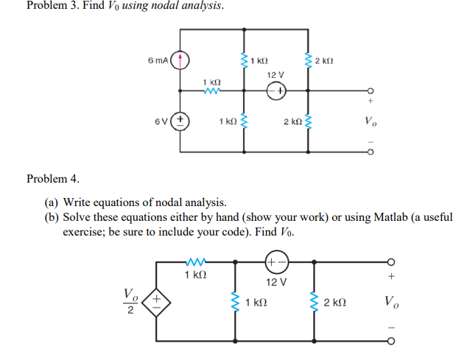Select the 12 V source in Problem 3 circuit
275,91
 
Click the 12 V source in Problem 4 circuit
276,261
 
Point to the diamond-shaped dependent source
157,301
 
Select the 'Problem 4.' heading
52,179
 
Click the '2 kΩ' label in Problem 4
336,302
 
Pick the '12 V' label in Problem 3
275,75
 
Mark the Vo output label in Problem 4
392,302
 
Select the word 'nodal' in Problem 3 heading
166,7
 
